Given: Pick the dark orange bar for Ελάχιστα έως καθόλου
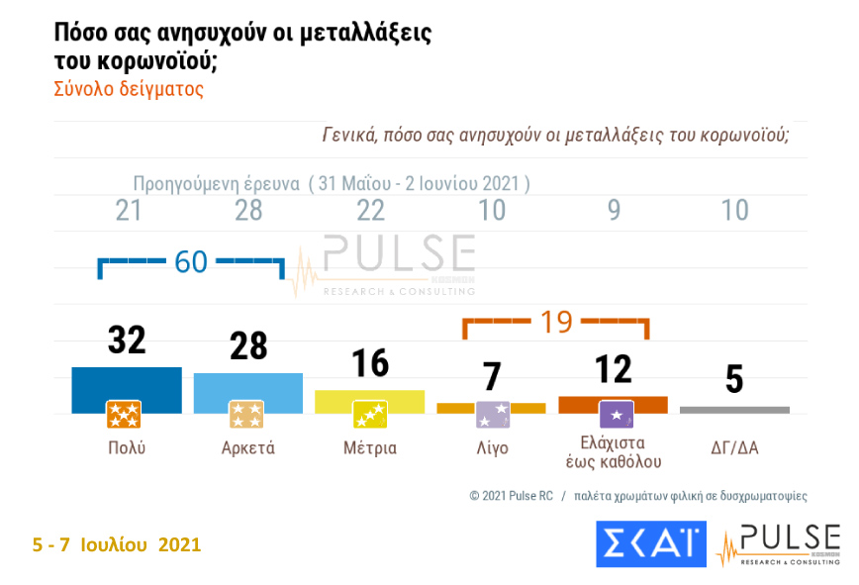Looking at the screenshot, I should tap(613, 403).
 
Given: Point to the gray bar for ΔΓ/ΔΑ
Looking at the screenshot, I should tap(734, 409).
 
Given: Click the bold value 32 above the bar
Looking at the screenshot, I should tap(126, 340).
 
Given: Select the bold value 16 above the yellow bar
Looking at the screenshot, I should tap(369, 363).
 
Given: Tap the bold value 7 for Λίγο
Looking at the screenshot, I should tap(492, 377).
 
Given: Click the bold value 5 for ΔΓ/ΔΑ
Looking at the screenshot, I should tap(734, 380).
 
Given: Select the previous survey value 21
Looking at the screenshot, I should tap(128, 210).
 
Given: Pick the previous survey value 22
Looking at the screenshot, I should tap(369, 210).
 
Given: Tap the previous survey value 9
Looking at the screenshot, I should tap(614, 210).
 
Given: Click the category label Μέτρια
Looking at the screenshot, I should tap(369, 447).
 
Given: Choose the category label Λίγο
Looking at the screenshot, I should tap(491, 447).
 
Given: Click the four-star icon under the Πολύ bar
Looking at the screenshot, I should tap(124, 414).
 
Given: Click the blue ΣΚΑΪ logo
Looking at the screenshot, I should tap(650, 544).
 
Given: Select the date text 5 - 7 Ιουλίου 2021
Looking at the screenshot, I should tap(116, 544).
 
